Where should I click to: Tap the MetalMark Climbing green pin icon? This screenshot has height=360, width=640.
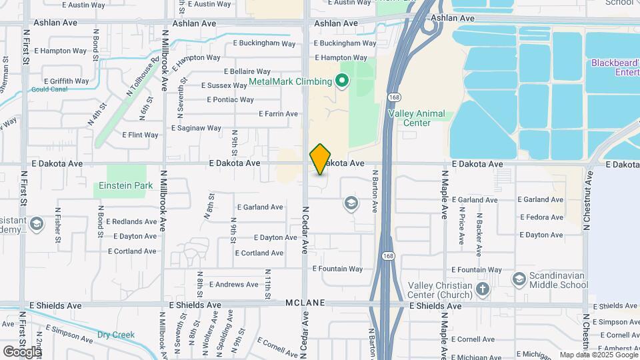click(x=342, y=82)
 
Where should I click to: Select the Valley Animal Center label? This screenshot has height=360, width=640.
click(x=417, y=118)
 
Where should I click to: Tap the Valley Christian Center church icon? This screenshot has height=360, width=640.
click(x=483, y=289)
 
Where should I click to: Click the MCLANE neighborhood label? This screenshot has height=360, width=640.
click(x=306, y=303)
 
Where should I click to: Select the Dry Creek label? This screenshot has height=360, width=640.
click(x=116, y=335)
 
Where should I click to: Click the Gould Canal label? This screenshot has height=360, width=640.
click(x=49, y=89)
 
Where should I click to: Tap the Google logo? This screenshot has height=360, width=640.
click(x=22, y=351)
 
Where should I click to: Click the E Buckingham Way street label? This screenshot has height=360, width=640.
click(x=264, y=44)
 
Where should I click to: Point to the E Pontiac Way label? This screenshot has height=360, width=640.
click(x=230, y=100)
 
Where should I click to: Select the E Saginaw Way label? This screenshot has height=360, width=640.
click(x=196, y=128)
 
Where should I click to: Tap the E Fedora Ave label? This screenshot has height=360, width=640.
click(x=541, y=217)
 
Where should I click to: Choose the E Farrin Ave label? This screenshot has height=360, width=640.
click(x=278, y=114)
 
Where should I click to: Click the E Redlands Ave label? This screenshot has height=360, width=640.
click(x=134, y=221)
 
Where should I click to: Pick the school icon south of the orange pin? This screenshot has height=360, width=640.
click(x=351, y=203)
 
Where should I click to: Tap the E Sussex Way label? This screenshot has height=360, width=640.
click(x=224, y=85)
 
